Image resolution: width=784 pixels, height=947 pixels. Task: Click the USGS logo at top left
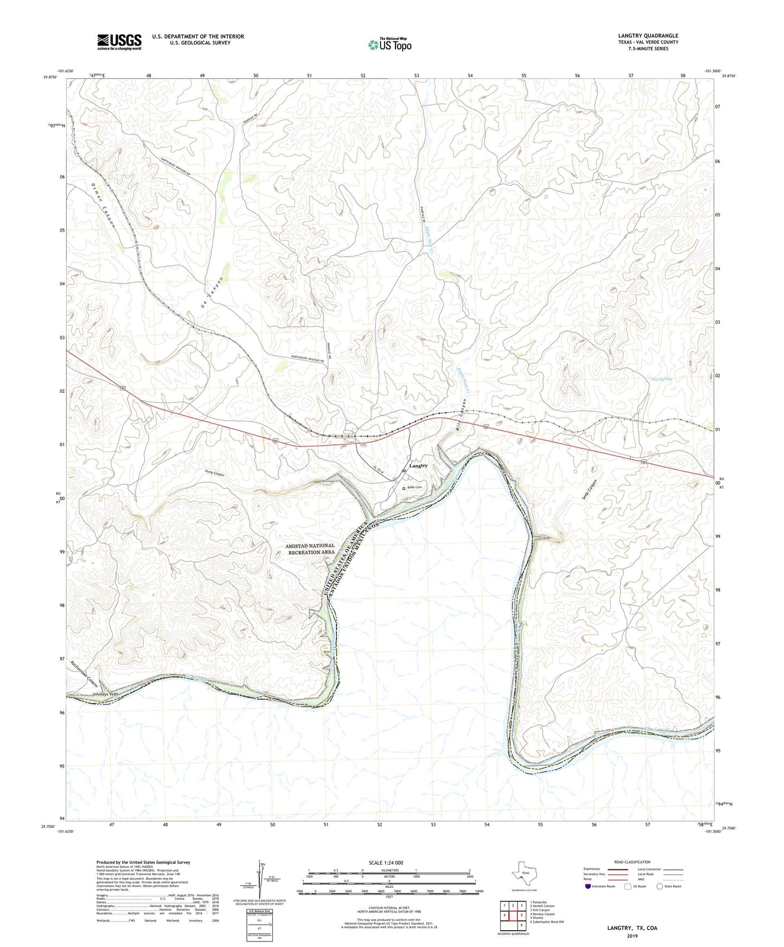(x=119, y=41)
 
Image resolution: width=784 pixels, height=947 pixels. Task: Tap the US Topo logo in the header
(x=389, y=44)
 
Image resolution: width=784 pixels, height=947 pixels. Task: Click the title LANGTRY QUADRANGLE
(x=648, y=36)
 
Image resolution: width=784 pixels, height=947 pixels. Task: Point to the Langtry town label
(x=418, y=466)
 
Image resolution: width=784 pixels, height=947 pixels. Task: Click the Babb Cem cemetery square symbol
(x=404, y=488)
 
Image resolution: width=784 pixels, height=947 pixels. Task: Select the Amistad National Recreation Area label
(x=310, y=549)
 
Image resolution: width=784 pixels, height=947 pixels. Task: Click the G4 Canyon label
(x=212, y=293)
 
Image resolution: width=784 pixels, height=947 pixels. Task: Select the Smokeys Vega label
(x=105, y=694)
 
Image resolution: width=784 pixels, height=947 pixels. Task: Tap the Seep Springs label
(x=661, y=379)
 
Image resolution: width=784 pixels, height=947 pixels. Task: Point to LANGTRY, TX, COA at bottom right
(x=632, y=928)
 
